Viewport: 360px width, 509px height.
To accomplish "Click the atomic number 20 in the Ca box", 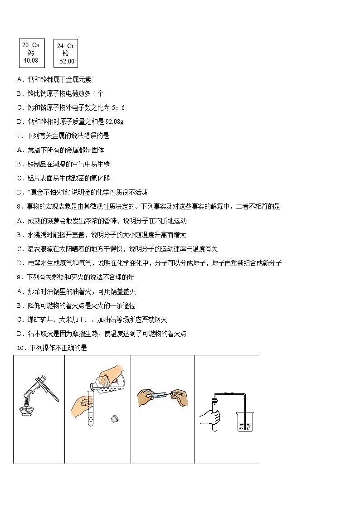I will pos(25,45).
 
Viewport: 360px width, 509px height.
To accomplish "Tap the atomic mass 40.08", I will pos(31,60).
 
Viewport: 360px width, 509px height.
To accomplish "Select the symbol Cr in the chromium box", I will pos(70,46).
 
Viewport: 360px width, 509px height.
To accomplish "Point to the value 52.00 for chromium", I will pos(67,61).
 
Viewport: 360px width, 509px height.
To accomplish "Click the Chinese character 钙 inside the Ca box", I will pos(31,53).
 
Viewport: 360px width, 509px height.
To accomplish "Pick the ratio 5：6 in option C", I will pos(117,107).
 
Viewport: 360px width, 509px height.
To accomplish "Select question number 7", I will pos(19,136).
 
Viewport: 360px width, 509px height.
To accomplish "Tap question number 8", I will pos(19,206).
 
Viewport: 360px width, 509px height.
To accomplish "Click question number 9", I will pos(19,277).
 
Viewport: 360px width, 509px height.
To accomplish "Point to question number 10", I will pos(20,348).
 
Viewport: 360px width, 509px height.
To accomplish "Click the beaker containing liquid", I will pos(245,422).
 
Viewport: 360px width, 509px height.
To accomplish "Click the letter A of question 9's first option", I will pos(19,291).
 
